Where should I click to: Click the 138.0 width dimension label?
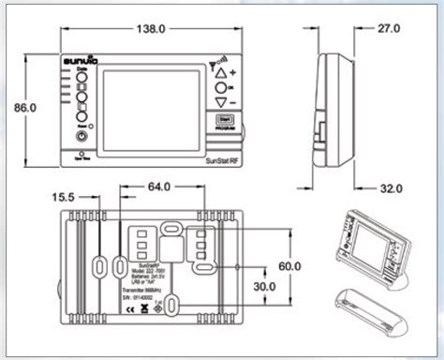tap(152, 29)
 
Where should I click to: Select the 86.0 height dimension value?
tap(22, 108)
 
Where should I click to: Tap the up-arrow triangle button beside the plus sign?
tap(220, 73)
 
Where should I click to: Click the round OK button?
tap(220, 87)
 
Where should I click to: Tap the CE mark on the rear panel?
tap(158, 307)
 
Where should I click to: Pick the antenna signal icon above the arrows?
tap(215, 60)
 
